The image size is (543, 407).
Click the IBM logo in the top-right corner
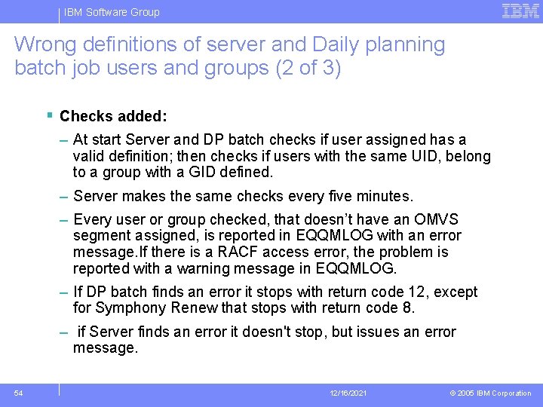[520, 11]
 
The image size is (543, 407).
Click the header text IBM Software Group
[112, 12]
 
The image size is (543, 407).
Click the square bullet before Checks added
[49, 115]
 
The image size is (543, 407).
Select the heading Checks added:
[113, 117]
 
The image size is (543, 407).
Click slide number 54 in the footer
[18, 393]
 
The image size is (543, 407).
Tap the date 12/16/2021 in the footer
[348, 393]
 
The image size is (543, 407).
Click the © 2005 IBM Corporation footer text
[491, 393]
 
